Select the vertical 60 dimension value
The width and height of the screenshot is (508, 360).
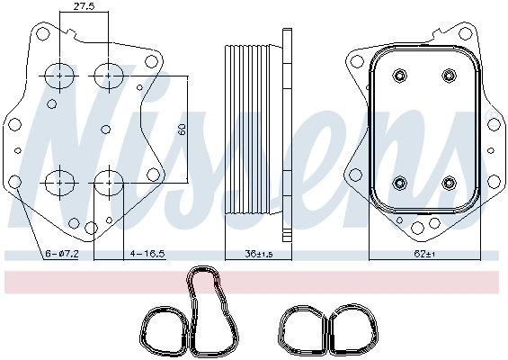coord(183,128)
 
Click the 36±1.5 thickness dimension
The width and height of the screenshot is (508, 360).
coord(254,255)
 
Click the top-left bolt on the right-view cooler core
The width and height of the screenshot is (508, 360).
coord(397,75)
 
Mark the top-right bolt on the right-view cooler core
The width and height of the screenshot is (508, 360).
coord(448,75)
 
